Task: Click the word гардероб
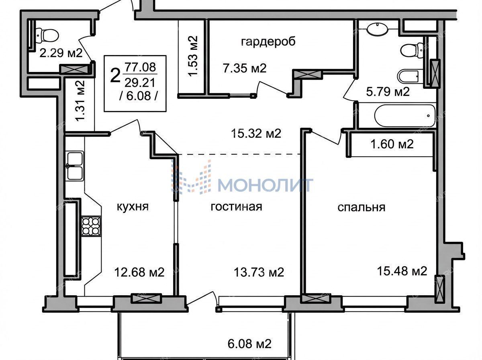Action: point(268,42)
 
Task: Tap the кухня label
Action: point(133,207)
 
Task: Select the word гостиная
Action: point(236,207)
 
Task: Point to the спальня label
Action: point(361,207)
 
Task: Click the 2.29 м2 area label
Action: point(61,53)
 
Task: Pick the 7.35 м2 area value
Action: point(245,68)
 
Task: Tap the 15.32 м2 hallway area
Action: point(256,133)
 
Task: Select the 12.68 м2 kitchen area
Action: point(139,272)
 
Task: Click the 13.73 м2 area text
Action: point(259,272)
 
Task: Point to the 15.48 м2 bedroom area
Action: point(402,271)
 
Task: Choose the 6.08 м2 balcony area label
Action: point(249,344)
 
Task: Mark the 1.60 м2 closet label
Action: point(392,144)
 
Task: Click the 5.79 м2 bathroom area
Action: point(388,92)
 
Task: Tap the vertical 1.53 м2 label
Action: point(193,56)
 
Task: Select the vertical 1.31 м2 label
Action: point(80,101)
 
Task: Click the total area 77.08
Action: point(140,67)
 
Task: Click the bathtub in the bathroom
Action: point(405,116)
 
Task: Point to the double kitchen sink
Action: point(75,166)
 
